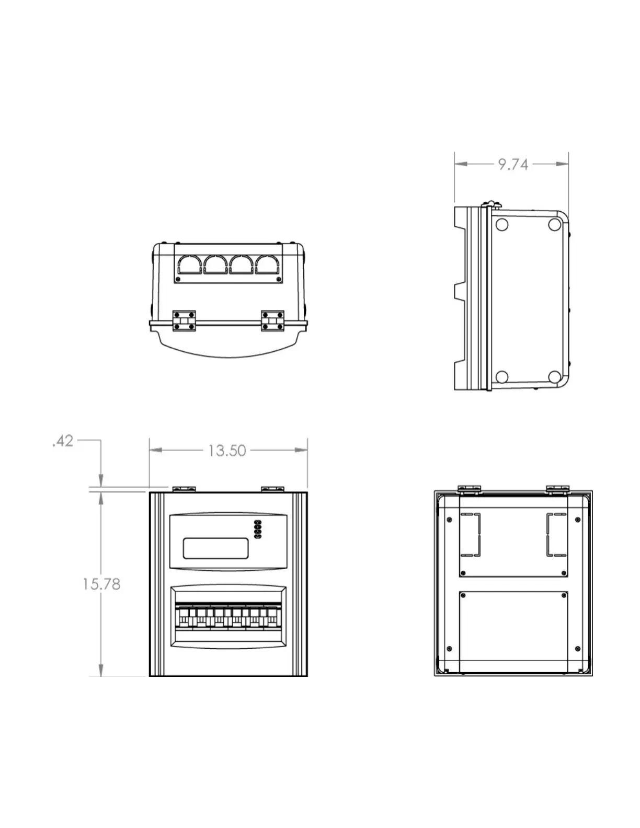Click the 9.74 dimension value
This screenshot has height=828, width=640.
(x=513, y=165)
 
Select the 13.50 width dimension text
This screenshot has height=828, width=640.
(x=227, y=451)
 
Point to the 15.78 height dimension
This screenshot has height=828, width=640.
(x=101, y=584)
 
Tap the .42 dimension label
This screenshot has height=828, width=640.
(x=63, y=442)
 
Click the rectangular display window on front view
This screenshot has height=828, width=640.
(x=215, y=548)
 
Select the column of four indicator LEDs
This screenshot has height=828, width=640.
(x=257, y=530)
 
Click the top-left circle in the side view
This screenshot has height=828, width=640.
(x=501, y=225)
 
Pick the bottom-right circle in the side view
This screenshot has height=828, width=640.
(x=554, y=376)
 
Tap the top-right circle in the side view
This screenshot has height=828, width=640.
(x=554, y=225)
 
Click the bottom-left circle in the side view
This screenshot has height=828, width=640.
(x=501, y=376)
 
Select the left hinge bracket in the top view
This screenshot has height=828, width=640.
(x=185, y=320)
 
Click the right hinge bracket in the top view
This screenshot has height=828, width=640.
(x=273, y=320)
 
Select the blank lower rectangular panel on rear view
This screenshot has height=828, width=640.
(x=513, y=631)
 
